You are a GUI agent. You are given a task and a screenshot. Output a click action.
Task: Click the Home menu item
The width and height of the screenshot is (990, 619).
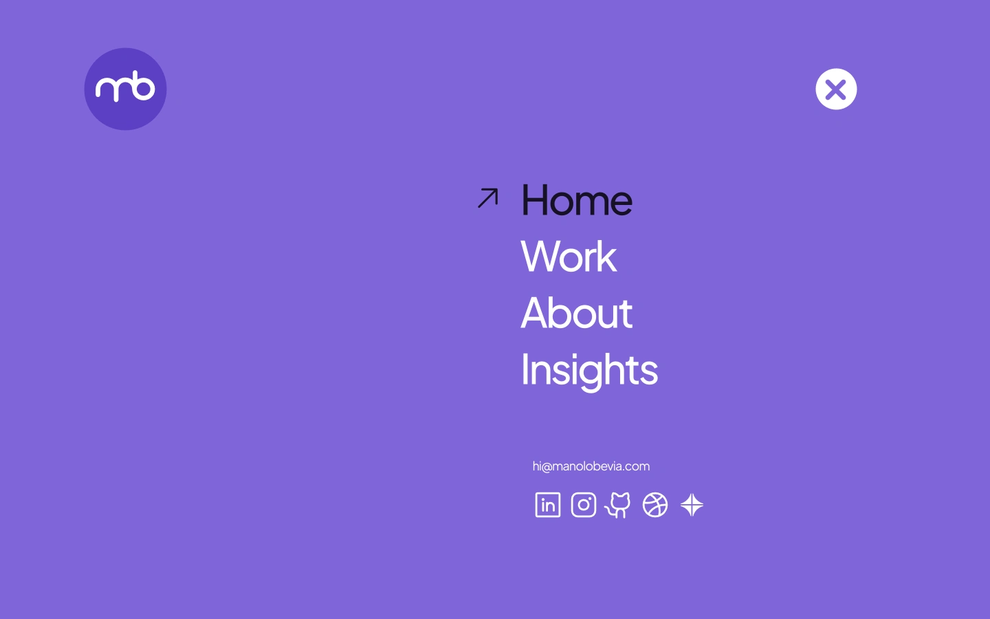point(577,200)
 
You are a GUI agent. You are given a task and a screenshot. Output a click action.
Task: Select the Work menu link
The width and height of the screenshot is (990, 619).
point(569,257)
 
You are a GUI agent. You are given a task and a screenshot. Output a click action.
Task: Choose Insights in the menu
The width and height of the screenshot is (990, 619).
point(590,371)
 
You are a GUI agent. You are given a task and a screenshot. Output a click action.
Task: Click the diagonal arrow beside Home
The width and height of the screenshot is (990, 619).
point(488,197)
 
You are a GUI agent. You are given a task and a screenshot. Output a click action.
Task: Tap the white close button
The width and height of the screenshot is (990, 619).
point(836,89)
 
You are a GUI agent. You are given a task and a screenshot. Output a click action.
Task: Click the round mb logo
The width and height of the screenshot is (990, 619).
point(126,89)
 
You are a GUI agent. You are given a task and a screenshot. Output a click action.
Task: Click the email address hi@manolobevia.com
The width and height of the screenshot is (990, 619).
point(591,466)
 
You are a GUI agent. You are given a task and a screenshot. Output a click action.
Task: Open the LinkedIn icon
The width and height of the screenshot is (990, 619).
point(548,505)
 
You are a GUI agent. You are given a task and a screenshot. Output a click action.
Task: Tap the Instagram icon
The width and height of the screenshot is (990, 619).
point(584,505)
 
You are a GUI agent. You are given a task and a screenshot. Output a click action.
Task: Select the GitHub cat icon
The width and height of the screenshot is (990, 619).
point(618,505)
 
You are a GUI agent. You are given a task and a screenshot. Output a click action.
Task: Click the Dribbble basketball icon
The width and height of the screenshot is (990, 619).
point(655,505)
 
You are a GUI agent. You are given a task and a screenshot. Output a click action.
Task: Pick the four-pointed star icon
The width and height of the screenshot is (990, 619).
point(692,505)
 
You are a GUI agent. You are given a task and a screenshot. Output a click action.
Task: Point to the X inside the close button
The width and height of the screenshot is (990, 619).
point(836,89)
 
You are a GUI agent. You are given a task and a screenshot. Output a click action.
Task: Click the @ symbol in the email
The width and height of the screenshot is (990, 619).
point(547,467)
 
